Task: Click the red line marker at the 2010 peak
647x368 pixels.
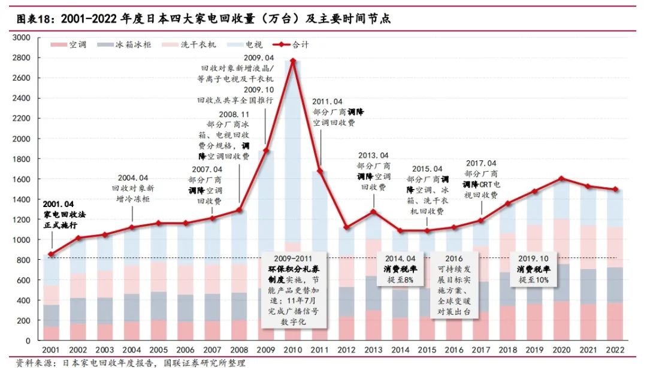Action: point(293,60)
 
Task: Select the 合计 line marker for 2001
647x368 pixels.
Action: point(51,254)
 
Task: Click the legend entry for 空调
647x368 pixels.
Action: point(68,44)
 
